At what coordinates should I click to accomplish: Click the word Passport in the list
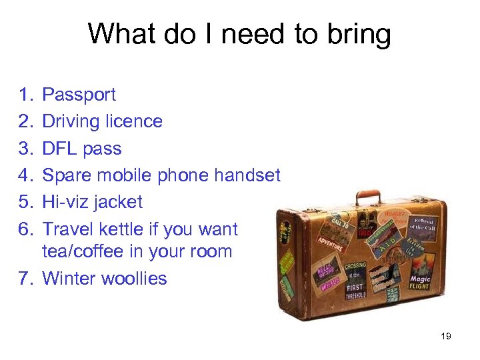coord(79,95)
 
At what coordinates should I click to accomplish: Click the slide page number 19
coord(446,336)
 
